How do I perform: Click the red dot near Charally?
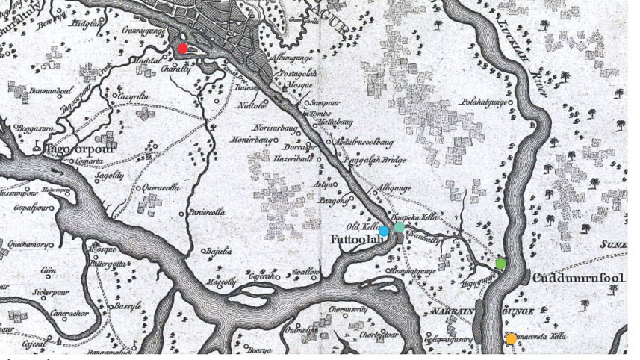point(182,49)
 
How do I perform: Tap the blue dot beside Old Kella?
point(384,232)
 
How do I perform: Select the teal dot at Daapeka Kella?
point(400,227)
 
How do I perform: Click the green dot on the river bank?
point(500,264)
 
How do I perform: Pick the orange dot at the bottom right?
point(512,338)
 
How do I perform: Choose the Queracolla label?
point(158,188)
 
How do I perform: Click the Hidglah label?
point(87,24)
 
